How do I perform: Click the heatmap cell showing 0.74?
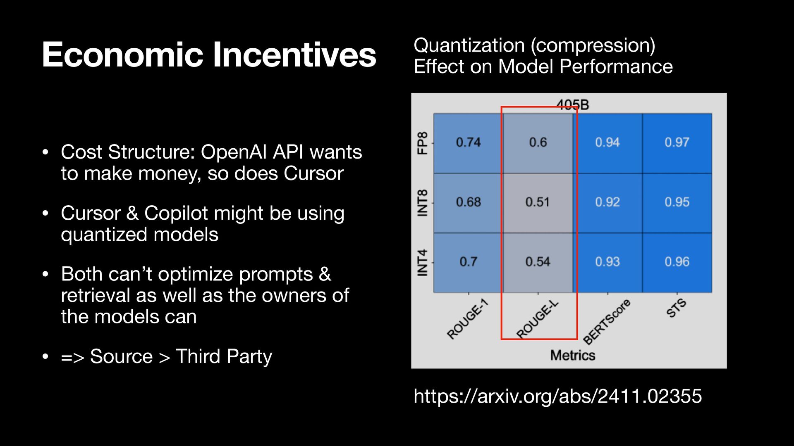[x=468, y=143]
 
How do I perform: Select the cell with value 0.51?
[x=538, y=203]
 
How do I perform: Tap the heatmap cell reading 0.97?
[x=677, y=143]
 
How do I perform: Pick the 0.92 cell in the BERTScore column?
[x=607, y=203]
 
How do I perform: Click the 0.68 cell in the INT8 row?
[x=468, y=203]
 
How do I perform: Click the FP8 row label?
[x=422, y=143]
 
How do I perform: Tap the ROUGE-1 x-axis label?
[x=468, y=319]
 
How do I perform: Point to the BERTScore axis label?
[x=607, y=322]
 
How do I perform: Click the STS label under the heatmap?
[x=677, y=308]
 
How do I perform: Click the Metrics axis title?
[x=573, y=355]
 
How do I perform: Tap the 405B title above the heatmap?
[x=573, y=105]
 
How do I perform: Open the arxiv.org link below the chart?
[x=558, y=396]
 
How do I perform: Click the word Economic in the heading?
[x=122, y=55]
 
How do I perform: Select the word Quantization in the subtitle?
[x=469, y=45]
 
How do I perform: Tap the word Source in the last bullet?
[x=121, y=356]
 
